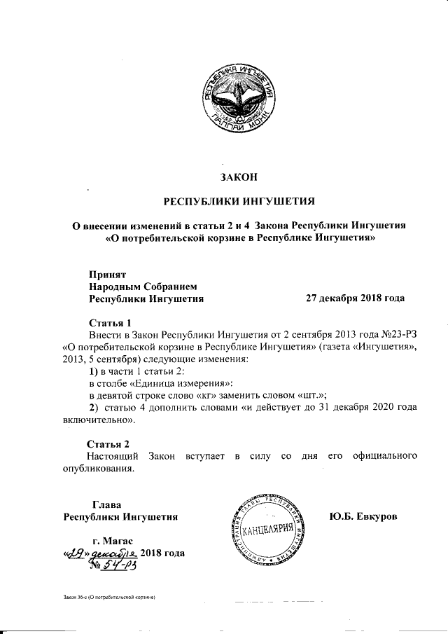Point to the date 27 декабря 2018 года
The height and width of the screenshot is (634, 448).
click(355, 298)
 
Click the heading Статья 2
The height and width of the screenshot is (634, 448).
click(108, 444)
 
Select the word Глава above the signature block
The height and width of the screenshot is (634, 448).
click(107, 504)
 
